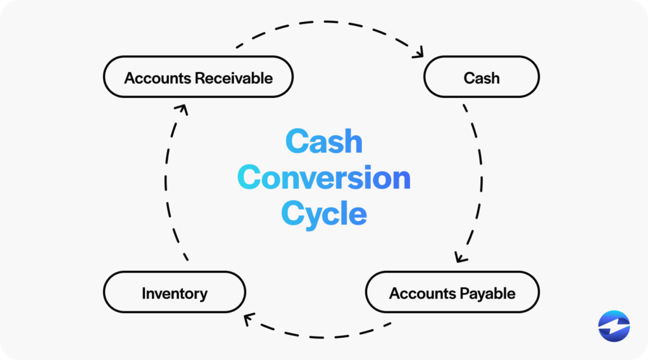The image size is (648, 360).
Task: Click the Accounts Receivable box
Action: [198, 77]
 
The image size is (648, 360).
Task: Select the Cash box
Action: [481, 77]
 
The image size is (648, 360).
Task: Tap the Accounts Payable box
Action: [452, 293]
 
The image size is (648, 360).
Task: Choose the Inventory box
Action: [174, 293]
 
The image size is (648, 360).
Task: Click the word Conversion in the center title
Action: [325, 178]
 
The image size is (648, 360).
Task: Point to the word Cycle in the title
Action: [323, 213]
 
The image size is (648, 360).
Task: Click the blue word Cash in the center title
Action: [323, 142]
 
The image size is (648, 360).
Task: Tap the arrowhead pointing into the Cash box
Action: [418, 54]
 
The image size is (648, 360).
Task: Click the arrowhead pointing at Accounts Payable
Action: [461, 258]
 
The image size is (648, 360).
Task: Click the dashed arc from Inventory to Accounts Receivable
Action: [166, 183]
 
